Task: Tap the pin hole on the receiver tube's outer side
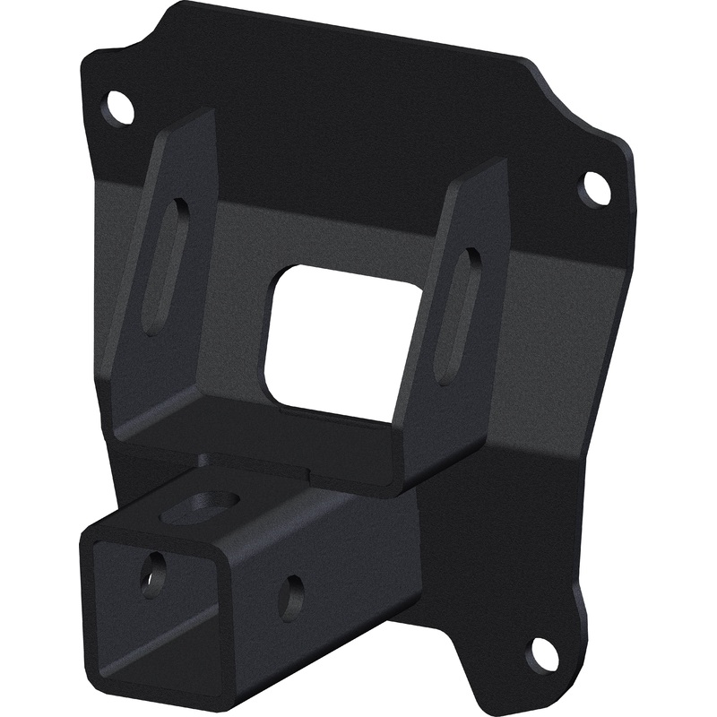[290, 595]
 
